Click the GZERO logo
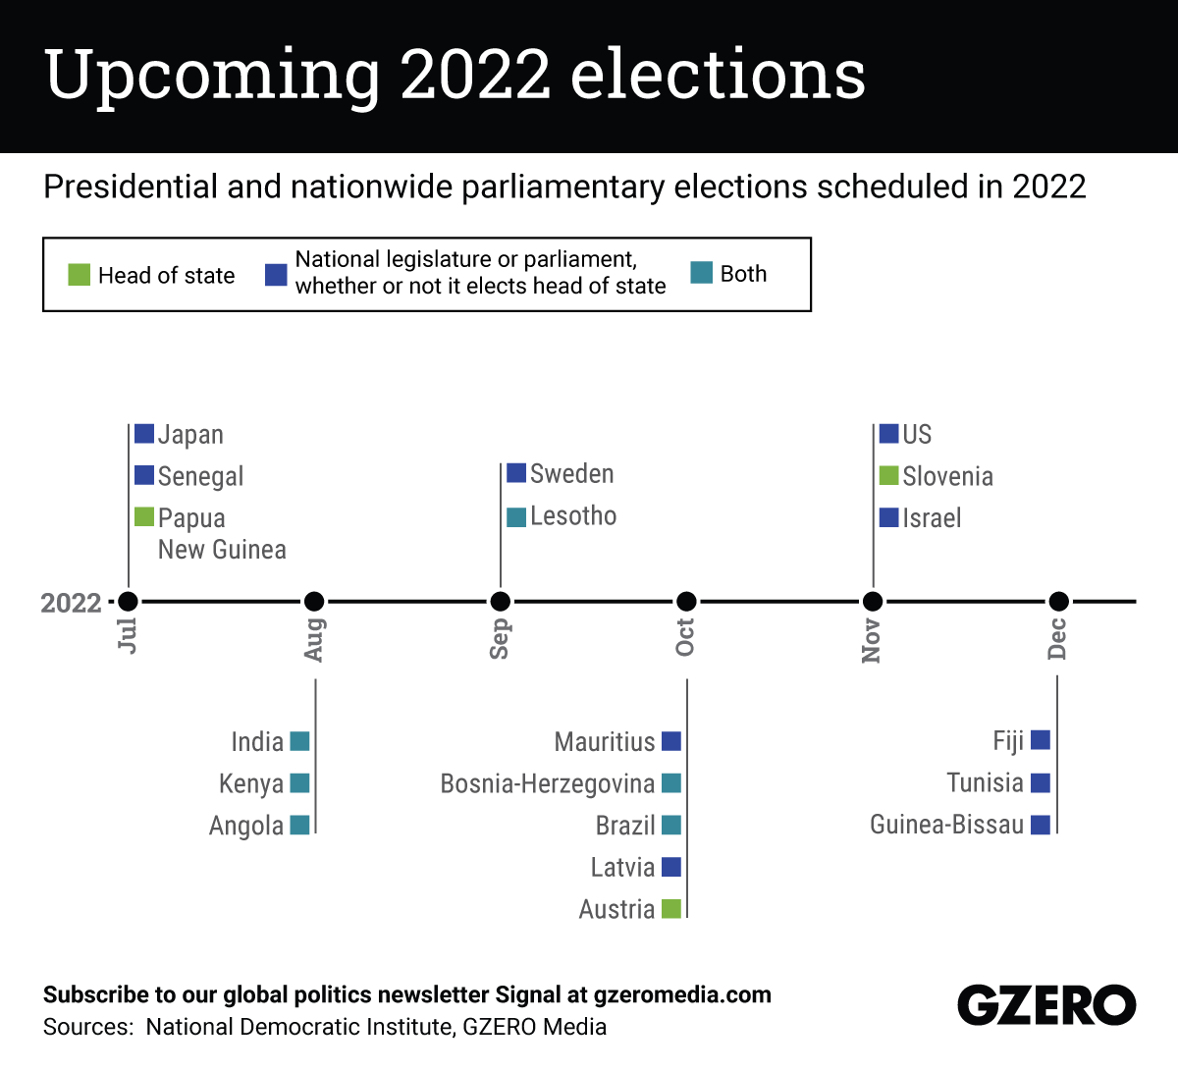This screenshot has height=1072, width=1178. [1046, 1005]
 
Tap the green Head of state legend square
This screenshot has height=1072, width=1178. [80, 275]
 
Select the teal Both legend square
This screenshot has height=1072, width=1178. [701, 273]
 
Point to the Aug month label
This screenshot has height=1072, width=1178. [314, 639]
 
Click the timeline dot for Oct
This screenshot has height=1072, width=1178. [686, 601]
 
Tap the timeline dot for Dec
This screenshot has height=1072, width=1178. [1058, 601]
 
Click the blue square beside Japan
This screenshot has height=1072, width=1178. [144, 433]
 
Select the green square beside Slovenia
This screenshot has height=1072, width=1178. [889, 475]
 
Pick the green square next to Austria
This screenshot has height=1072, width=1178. [671, 908]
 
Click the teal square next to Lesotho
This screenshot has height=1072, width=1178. [516, 516]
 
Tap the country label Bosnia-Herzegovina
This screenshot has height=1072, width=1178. [547, 783]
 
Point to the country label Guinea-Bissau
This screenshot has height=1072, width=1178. [946, 825]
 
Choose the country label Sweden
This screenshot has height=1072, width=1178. [571, 474]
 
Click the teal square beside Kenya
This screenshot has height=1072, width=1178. [300, 782]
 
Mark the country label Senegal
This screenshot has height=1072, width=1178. [200, 476]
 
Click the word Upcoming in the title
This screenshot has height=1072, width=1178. [212, 77]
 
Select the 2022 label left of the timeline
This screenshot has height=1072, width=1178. [71, 603]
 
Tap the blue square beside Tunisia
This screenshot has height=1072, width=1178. [1041, 782]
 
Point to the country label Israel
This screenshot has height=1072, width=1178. [932, 518]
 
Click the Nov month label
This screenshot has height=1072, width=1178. [872, 641]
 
